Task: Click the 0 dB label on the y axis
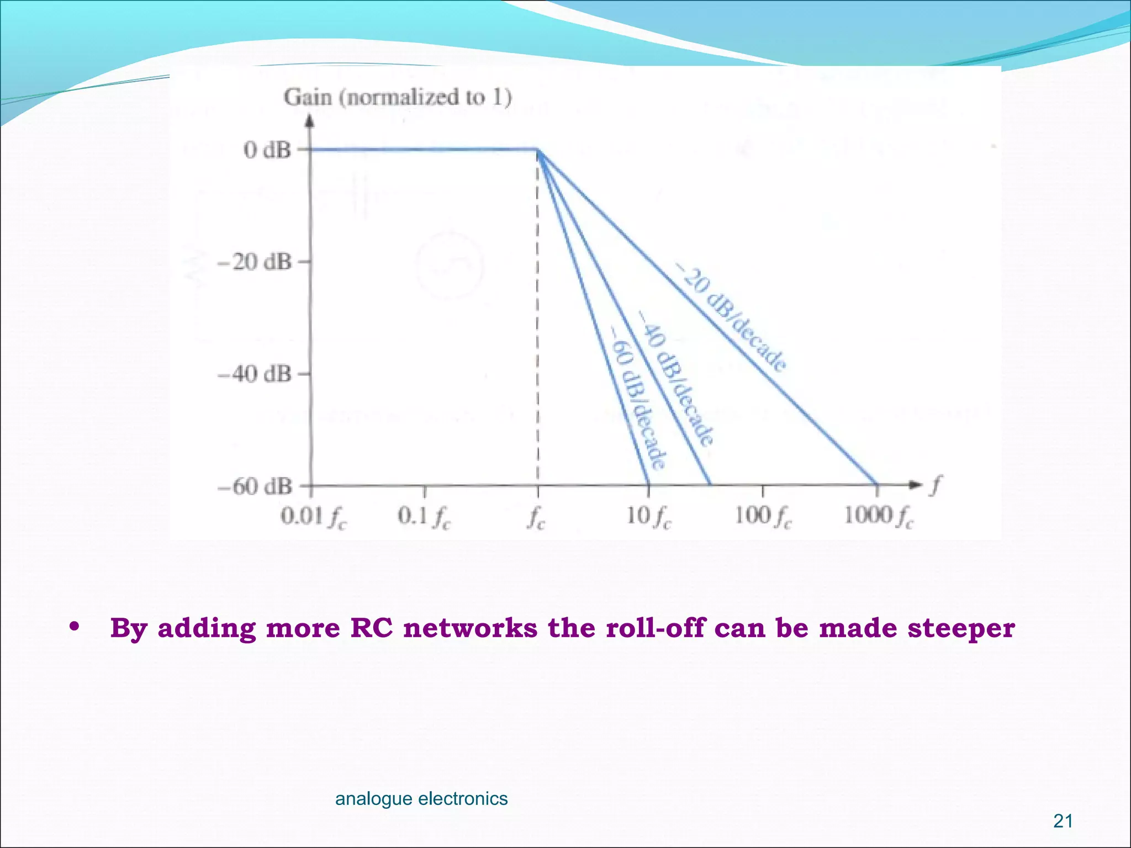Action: pos(267,150)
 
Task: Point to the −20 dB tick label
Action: pos(254,262)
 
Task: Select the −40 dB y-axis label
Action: pos(254,374)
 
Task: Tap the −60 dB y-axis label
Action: pos(254,487)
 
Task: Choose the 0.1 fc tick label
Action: pos(424,517)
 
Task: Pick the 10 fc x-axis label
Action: pos(649,517)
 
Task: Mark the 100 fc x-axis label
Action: pos(763,517)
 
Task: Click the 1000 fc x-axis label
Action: pos(878,517)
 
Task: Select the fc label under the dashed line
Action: pos(536,518)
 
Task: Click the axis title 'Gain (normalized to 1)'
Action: pos(398,97)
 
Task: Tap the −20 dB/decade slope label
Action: pos(732,317)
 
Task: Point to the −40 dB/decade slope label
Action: pos(677,378)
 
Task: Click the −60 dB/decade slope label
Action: pos(638,396)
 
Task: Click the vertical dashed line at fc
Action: pos(538,331)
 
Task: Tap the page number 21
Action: pos(1063,821)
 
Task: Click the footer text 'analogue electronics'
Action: pos(421,798)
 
